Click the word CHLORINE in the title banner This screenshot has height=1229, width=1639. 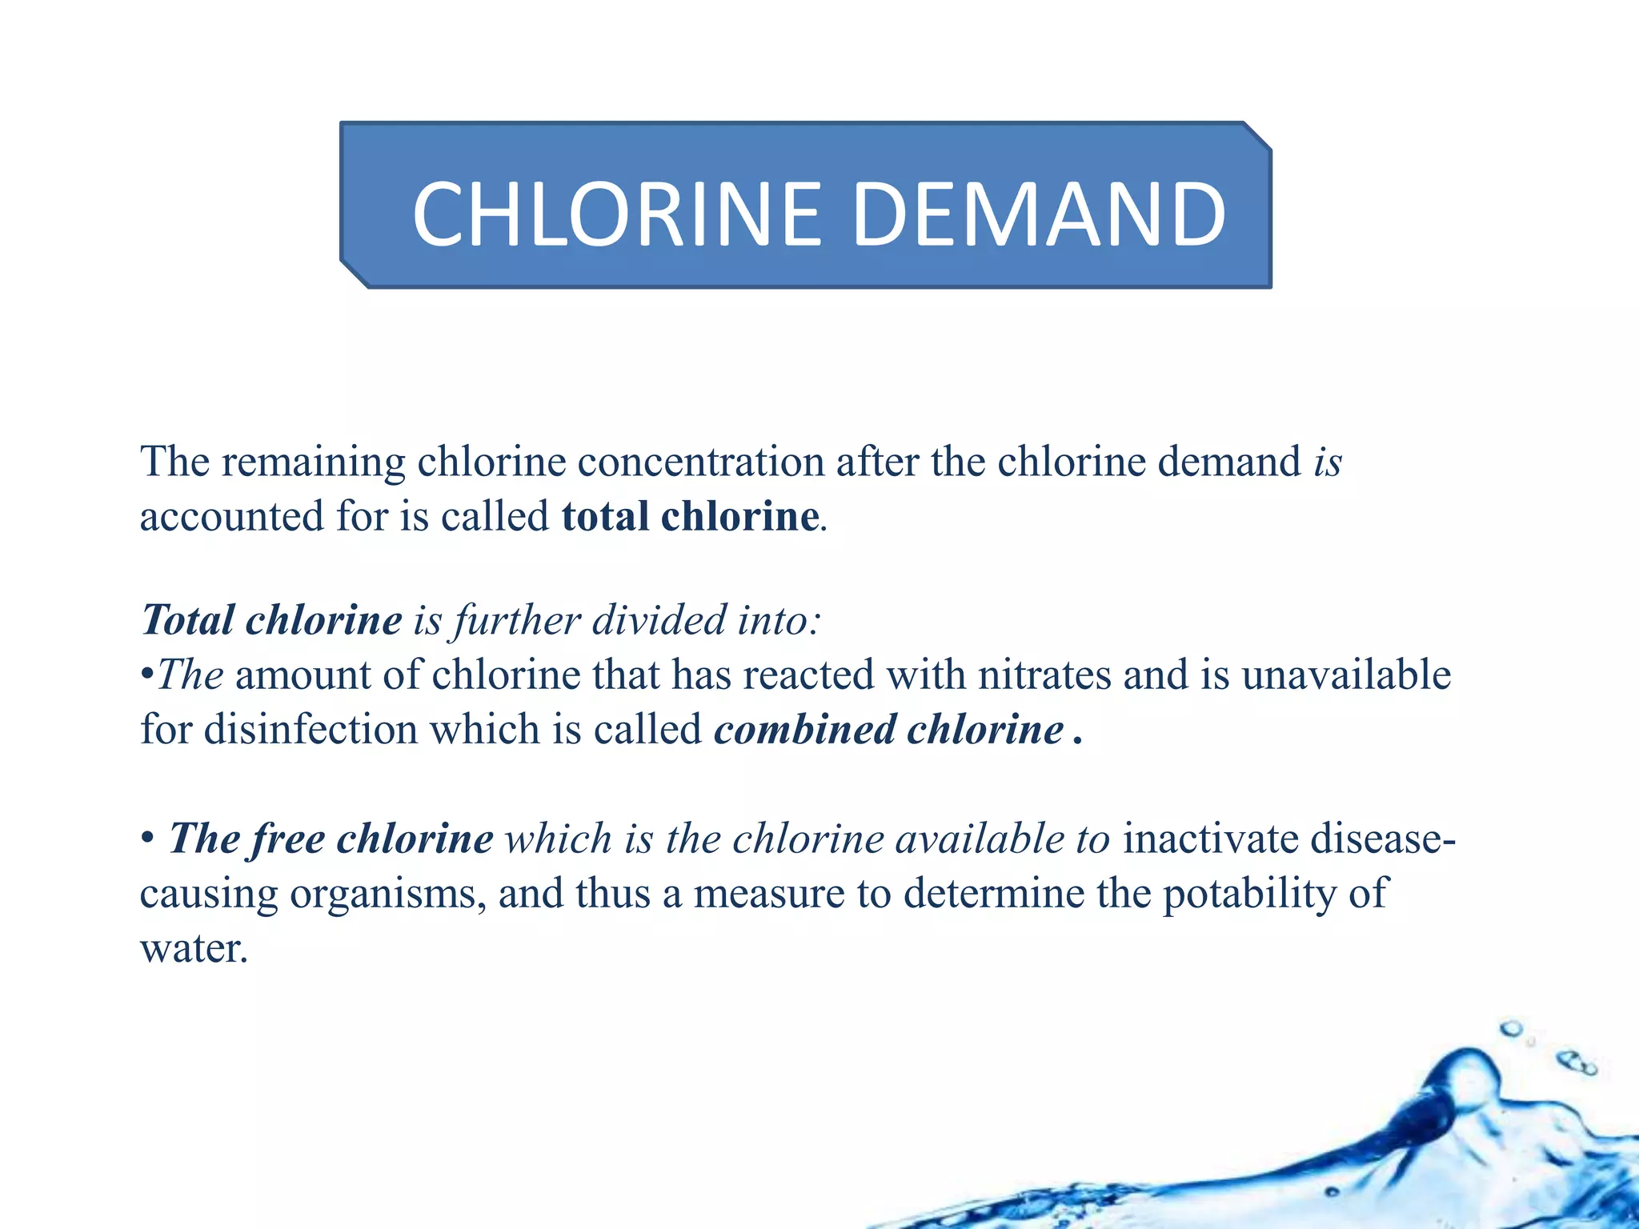point(617,214)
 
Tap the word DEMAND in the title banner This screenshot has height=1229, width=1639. point(1038,214)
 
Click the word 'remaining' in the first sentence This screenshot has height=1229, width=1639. point(314,462)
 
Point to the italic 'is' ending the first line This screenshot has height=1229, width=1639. point(1328,462)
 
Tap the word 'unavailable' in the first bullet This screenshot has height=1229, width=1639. point(1346,675)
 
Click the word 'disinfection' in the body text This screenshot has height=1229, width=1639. point(311,730)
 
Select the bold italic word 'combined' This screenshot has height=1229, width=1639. point(804,730)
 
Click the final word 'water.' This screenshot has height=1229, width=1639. point(194,949)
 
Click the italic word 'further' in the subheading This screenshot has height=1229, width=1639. point(517,621)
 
